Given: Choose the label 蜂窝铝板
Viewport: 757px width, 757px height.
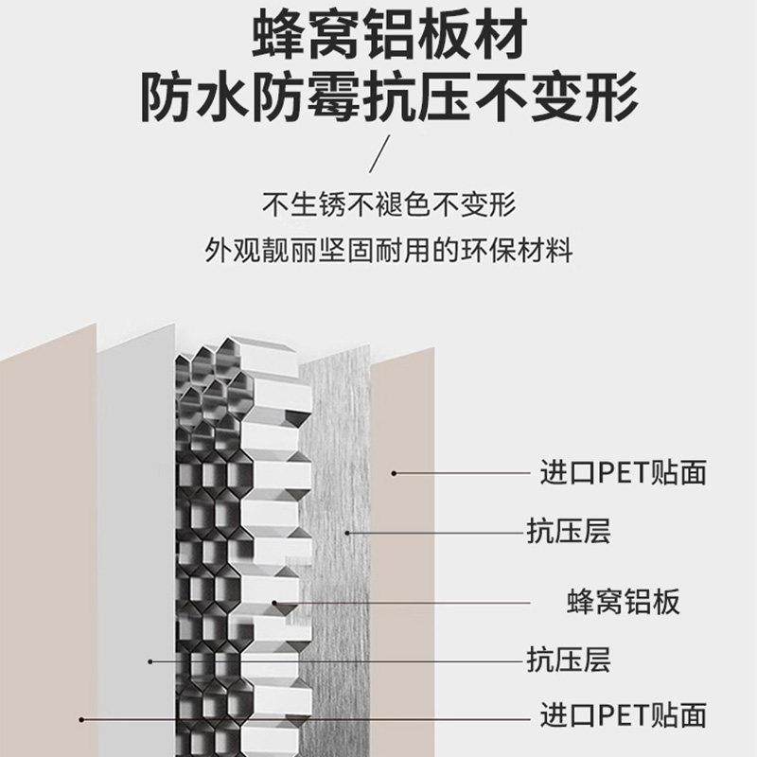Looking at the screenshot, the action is [x=623, y=601].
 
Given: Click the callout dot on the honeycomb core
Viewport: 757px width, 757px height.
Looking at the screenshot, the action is [x=276, y=601].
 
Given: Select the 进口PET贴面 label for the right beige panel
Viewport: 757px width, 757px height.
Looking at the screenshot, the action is [x=623, y=471].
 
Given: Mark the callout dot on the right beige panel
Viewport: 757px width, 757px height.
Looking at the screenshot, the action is [x=394, y=471].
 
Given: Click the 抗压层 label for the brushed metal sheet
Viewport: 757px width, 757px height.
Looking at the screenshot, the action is [x=569, y=532].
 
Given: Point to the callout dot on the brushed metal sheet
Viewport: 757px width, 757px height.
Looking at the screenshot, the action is [x=347, y=532].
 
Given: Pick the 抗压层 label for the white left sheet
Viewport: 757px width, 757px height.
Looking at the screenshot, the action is [x=569, y=659].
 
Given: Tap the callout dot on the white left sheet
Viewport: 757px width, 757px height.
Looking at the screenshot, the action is [x=150, y=660].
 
